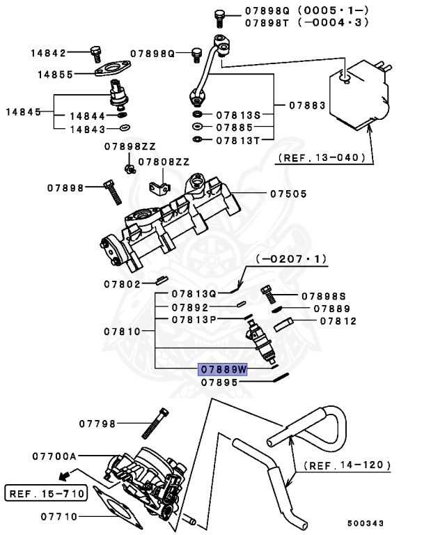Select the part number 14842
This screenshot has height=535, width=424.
(x=48, y=53)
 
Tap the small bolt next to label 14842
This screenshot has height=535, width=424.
(x=96, y=53)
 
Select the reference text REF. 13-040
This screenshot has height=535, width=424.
(x=321, y=157)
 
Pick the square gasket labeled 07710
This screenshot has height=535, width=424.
(x=111, y=509)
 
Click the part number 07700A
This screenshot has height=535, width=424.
(x=54, y=457)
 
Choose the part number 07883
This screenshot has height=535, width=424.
(x=306, y=105)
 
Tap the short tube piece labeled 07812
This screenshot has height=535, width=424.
(x=286, y=323)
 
